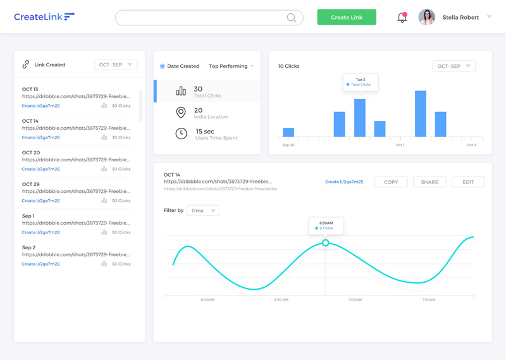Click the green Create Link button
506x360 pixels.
tap(347, 17)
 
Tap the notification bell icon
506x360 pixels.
tap(402, 18)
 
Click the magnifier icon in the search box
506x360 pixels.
tap(292, 18)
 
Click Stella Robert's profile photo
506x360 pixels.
tap(427, 17)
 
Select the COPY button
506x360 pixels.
tap(391, 182)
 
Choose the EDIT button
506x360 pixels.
tap(468, 182)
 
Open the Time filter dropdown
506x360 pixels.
tap(203, 211)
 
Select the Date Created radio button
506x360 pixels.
tap(163, 66)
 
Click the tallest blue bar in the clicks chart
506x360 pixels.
tap(421, 113)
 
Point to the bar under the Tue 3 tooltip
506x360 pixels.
tap(360, 118)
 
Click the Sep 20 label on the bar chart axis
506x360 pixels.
tap(288, 146)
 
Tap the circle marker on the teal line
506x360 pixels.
tap(326, 243)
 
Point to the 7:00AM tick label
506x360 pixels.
tap(355, 300)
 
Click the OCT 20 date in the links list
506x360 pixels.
tap(31, 152)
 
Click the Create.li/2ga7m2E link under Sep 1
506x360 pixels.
tap(41, 232)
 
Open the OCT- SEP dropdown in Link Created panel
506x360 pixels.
tap(116, 65)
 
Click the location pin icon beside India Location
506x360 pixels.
tap(181, 113)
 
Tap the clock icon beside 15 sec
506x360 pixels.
tap(181, 133)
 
